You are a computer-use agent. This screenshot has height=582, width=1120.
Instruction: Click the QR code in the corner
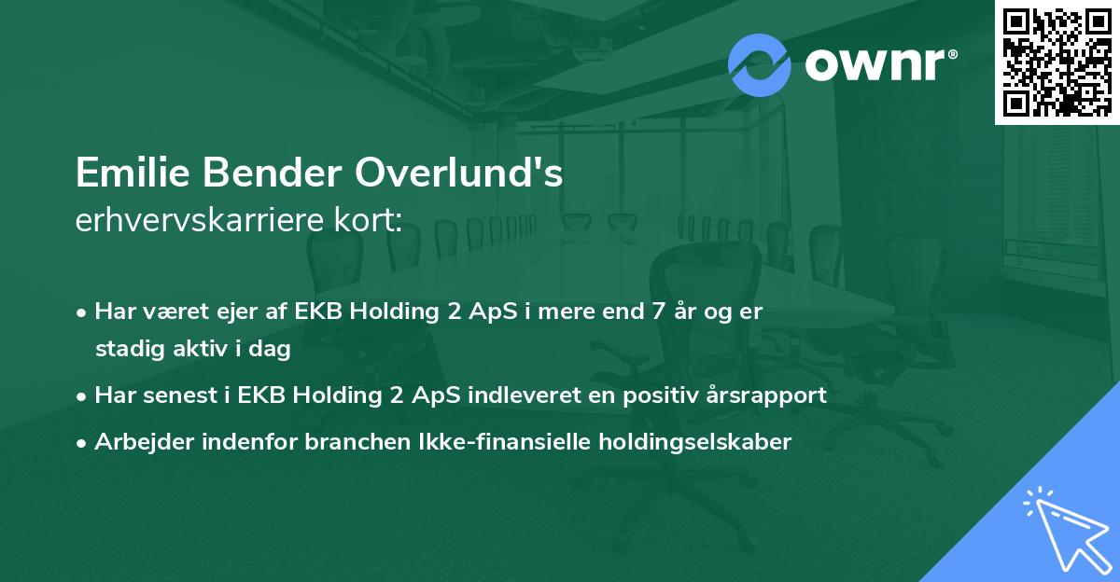(1057, 62)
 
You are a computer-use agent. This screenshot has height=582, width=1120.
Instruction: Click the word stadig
(125, 350)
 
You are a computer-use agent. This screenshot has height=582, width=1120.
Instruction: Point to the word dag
(272, 350)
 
